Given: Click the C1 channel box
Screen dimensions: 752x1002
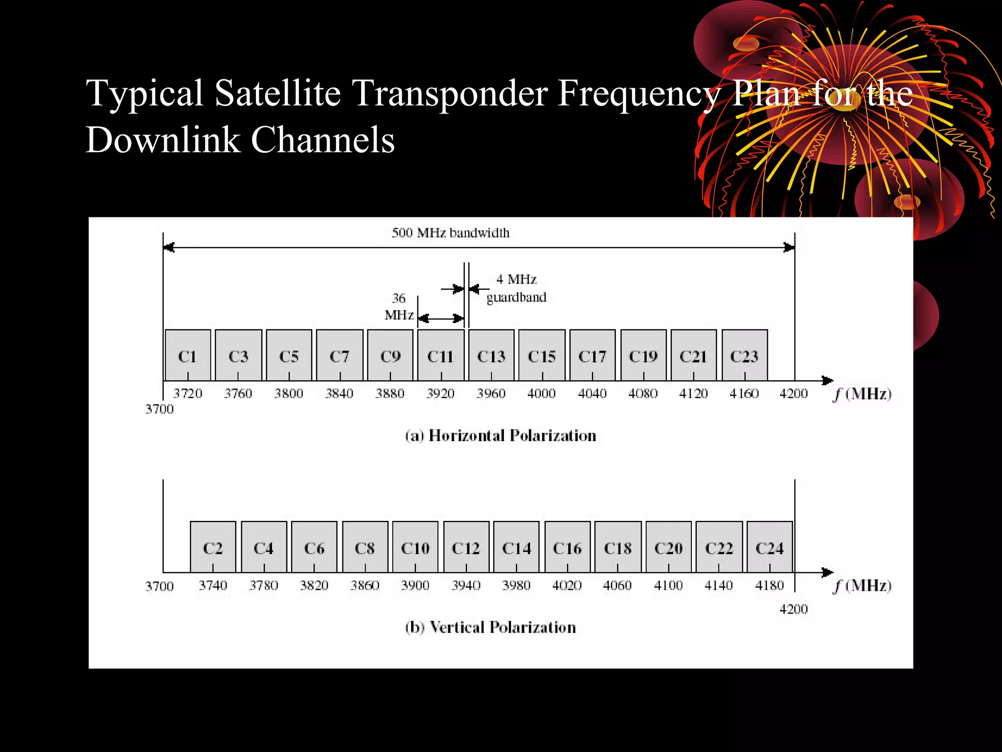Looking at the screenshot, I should click(x=188, y=355).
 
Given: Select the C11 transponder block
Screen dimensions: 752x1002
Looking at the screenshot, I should click(x=440, y=355).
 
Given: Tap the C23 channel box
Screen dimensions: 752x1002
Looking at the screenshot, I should click(x=744, y=355).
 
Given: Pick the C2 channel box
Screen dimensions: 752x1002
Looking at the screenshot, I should click(x=213, y=547).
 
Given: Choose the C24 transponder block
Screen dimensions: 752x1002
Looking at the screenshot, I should click(x=770, y=547).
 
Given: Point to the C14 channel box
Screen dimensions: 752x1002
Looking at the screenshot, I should click(x=516, y=547).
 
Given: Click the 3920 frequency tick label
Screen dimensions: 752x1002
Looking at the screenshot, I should click(x=440, y=394).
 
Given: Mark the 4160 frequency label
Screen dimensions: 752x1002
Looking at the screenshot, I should click(x=744, y=394).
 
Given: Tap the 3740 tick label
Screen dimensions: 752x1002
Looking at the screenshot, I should click(x=213, y=586).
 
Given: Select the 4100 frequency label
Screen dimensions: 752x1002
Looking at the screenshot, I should click(x=668, y=586).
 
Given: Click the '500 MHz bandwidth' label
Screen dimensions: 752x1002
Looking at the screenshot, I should click(x=451, y=233).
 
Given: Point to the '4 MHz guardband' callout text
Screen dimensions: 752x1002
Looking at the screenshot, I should click(x=516, y=288).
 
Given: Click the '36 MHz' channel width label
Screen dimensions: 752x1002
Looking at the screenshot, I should click(x=399, y=306).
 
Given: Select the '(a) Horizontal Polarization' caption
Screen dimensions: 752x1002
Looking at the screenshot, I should click(x=501, y=436).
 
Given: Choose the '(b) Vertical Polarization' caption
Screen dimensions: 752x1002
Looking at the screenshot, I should click(x=491, y=628).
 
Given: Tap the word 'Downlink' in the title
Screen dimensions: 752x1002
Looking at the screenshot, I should click(x=163, y=140).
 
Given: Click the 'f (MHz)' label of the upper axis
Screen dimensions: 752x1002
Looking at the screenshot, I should click(x=862, y=394).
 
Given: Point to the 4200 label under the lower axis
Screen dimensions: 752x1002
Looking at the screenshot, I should click(x=794, y=610).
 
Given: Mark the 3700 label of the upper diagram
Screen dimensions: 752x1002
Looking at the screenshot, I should click(x=159, y=409).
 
